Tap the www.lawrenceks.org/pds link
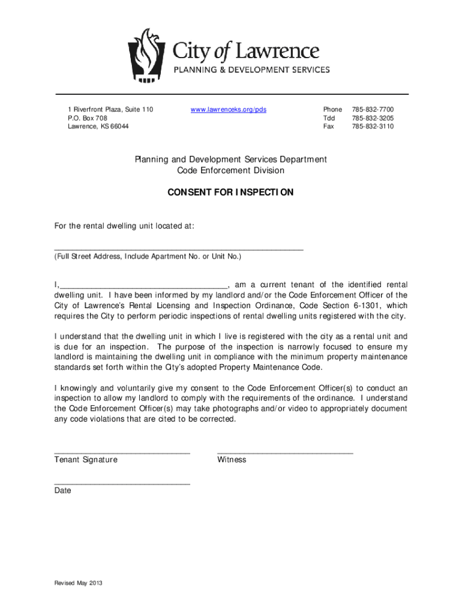(x=229, y=110)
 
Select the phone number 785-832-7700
(x=373, y=110)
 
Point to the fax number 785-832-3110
(x=373, y=127)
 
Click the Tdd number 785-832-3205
(x=373, y=118)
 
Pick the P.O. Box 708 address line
(x=88, y=118)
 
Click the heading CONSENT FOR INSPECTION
(x=230, y=192)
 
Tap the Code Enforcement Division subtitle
(x=230, y=171)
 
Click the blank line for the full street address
(x=179, y=248)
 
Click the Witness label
(x=232, y=460)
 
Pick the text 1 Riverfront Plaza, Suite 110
(x=110, y=110)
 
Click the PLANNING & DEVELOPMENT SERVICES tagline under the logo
(x=251, y=70)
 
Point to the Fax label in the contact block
(x=328, y=127)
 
